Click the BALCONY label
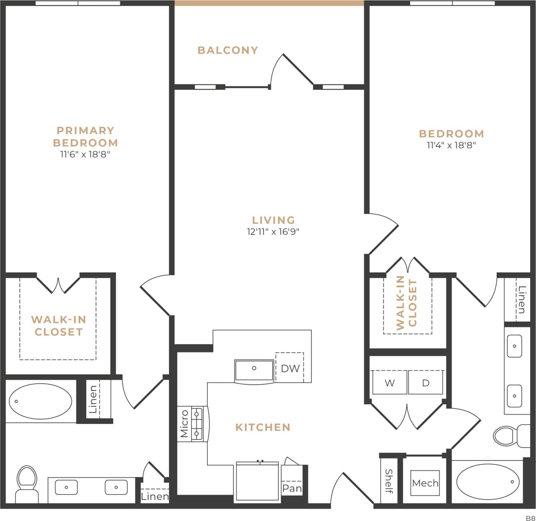point(227,50)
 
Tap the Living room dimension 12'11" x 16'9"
point(273,232)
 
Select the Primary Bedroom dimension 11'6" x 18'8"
point(85,154)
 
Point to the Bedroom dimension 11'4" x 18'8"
point(451,145)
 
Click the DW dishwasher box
point(290,368)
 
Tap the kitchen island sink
point(254,370)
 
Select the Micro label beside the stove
point(184,424)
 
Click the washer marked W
point(390,383)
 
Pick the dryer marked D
point(426,383)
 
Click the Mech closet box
point(425,483)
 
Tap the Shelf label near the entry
point(388,481)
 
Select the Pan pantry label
point(292,488)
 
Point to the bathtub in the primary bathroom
point(41,401)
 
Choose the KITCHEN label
point(263,427)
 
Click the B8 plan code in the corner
point(530,517)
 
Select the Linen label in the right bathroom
point(522,299)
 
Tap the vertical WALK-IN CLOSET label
point(406,303)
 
